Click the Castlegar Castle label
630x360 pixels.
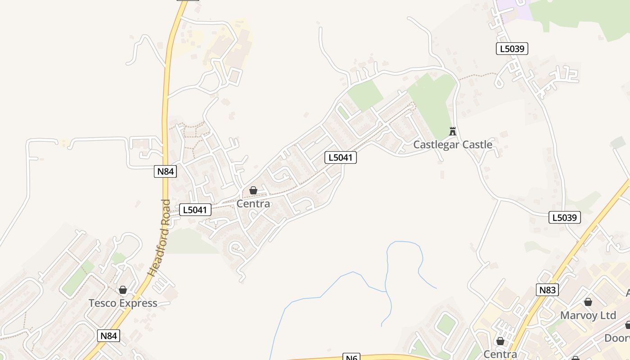click(x=453, y=144)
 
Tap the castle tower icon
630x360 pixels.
click(x=453, y=131)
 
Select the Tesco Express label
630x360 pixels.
click(x=123, y=303)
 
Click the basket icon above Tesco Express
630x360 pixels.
click(x=123, y=290)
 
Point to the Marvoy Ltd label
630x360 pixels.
click(x=588, y=315)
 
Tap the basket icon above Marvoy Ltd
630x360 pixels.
click(x=588, y=302)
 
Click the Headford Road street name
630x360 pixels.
click(x=159, y=237)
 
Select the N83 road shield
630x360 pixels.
click(x=548, y=290)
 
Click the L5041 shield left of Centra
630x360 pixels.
click(x=195, y=209)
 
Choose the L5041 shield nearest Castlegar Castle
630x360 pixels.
click(x=341, y=157)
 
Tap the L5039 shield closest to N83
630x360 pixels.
click(x=565, y=217)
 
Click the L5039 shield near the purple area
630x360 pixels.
click(x=512, y=49)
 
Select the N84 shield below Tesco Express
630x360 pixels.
click(x=108, y=335)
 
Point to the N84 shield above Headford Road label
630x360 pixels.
click(x=165, y=171)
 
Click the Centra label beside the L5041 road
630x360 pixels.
click(x=253, y=203)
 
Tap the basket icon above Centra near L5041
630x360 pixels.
click(x=253, y=191)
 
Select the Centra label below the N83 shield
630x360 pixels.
click(x=500, y=354)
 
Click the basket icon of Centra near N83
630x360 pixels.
click(x=500, y=342)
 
